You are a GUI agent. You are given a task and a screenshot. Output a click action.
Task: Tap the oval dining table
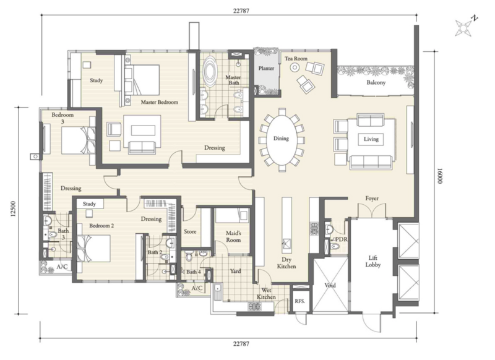[x=282, y=139]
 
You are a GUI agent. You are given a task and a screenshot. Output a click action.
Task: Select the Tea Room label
[x=296, y=58]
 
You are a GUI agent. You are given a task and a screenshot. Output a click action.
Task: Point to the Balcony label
[x=376, y=82]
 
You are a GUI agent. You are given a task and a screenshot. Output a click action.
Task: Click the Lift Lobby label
[x=373, y=262]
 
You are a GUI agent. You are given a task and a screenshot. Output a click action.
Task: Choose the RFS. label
[x=300, y=301]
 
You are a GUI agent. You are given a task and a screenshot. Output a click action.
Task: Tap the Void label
[x=330, y=285]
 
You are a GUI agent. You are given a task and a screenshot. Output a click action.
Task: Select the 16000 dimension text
[x=440, y=181]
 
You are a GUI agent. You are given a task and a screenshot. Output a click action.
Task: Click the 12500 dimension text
[x=13, y=209]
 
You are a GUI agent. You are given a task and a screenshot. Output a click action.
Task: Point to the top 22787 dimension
[x=241, y=11]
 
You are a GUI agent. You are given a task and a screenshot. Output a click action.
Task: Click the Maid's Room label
[x=233, y=237]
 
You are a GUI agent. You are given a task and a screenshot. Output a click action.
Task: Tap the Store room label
[x=190, y=231]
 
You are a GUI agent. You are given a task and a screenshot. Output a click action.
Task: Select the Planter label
[x=266, y=68]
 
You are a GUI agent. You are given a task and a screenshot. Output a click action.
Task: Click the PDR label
[x=342, y=239]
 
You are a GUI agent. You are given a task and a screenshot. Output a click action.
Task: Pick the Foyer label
[x=372, y=199]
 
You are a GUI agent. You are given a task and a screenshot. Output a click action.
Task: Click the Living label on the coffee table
[x=371, y=139]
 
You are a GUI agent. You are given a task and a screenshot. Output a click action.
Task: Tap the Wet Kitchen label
[x=266, y=294]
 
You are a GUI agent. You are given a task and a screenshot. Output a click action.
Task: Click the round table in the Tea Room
[x=295, y=67]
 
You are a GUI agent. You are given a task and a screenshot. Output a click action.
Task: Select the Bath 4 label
[x=193, y=272]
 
